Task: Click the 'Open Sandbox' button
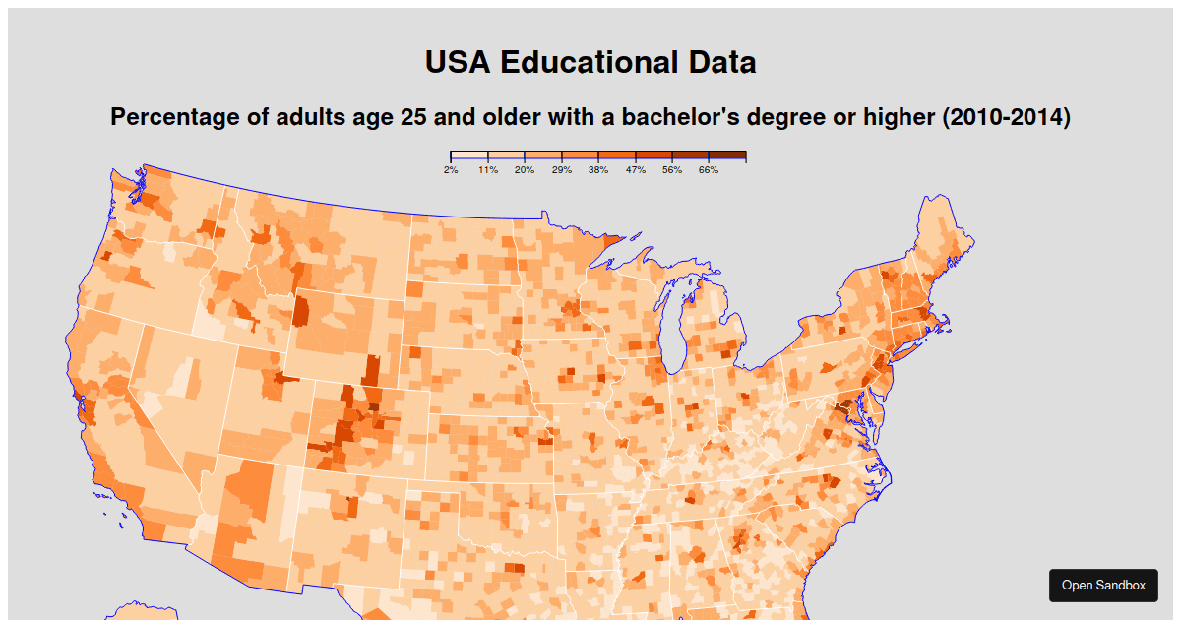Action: pos(1103,585)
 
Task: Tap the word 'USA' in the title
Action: pos(458,62)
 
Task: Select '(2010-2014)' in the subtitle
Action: pos(1006,117)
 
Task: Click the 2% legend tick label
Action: pos(451,170)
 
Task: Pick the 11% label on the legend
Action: pos(488,170)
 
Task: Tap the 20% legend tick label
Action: pos(525,170)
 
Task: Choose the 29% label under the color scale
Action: pos(562,170)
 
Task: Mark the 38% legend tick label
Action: pos(598,170)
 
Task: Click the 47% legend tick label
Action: pos(636,170)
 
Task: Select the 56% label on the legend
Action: pos(672,170)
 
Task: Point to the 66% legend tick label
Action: pos(709,170)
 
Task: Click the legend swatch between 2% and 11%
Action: pos(469,155)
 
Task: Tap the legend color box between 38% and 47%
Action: pos(617,155)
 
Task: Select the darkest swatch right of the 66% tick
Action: pos(727,155)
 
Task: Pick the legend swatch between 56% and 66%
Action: pos(691,155)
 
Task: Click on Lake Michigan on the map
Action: pos(675,330)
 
